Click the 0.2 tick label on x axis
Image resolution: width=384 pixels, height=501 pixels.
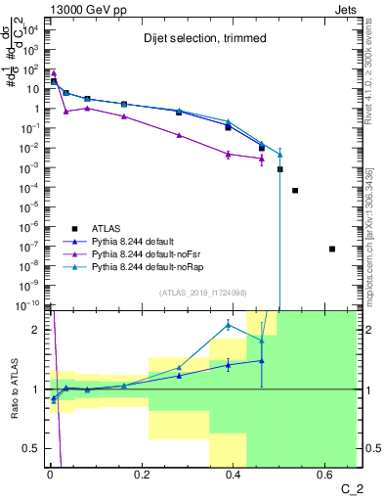(141, 478)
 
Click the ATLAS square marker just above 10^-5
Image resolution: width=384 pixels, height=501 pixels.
(295, 190)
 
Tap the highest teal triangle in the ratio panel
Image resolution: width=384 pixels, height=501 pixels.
(228, 325)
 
